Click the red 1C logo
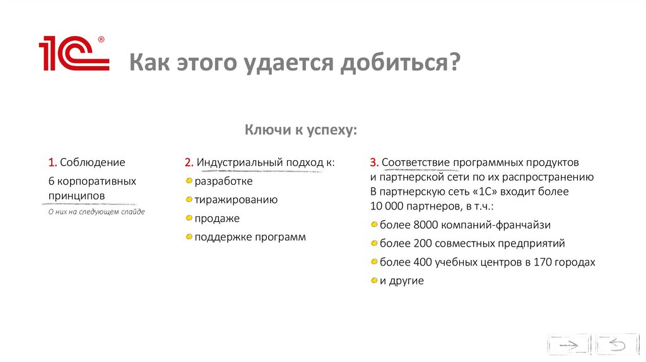pos(74,54)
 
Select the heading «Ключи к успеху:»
pos(301,130)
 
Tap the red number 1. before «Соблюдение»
pos(52,163)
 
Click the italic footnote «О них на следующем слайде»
pos(97,212)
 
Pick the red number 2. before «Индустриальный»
pos(189,163)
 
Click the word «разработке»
pos(223,182)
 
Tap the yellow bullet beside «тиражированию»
pos(189,200)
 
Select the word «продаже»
pos(217,219)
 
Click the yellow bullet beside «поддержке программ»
pos(189,238)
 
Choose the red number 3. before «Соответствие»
pos(374,163)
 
